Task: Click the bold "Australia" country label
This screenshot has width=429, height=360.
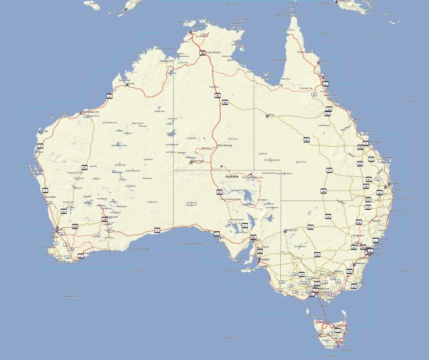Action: [232, 176]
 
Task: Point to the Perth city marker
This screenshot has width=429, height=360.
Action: [58, 231]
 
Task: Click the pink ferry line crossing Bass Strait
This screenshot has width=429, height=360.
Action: [322, 308]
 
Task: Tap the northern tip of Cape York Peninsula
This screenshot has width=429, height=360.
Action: [292, 17]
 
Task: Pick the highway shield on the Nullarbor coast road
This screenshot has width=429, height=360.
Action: [157, 230]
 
